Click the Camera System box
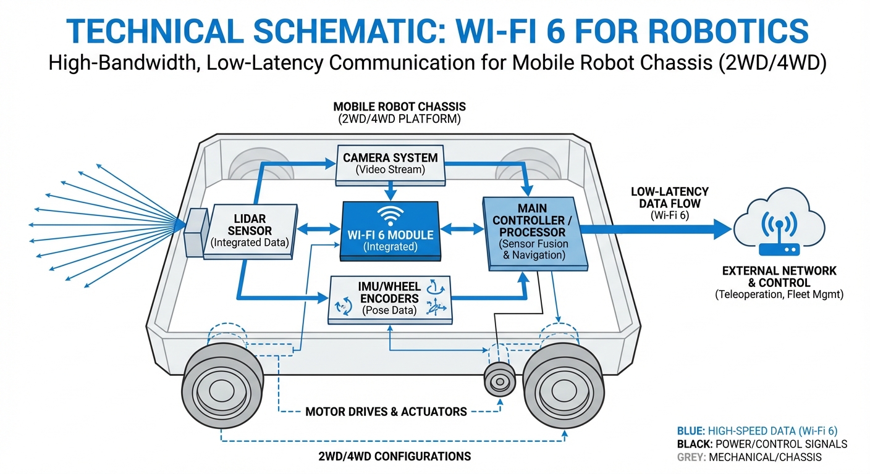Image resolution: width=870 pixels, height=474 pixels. [391, 164]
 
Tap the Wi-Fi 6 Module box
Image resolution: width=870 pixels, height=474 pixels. [390, 230]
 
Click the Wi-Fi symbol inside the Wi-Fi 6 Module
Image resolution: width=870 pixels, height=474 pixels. [390, 215]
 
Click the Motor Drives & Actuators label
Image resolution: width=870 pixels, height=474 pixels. [387, 410]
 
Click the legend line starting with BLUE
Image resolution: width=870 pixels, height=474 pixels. [762, 431]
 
